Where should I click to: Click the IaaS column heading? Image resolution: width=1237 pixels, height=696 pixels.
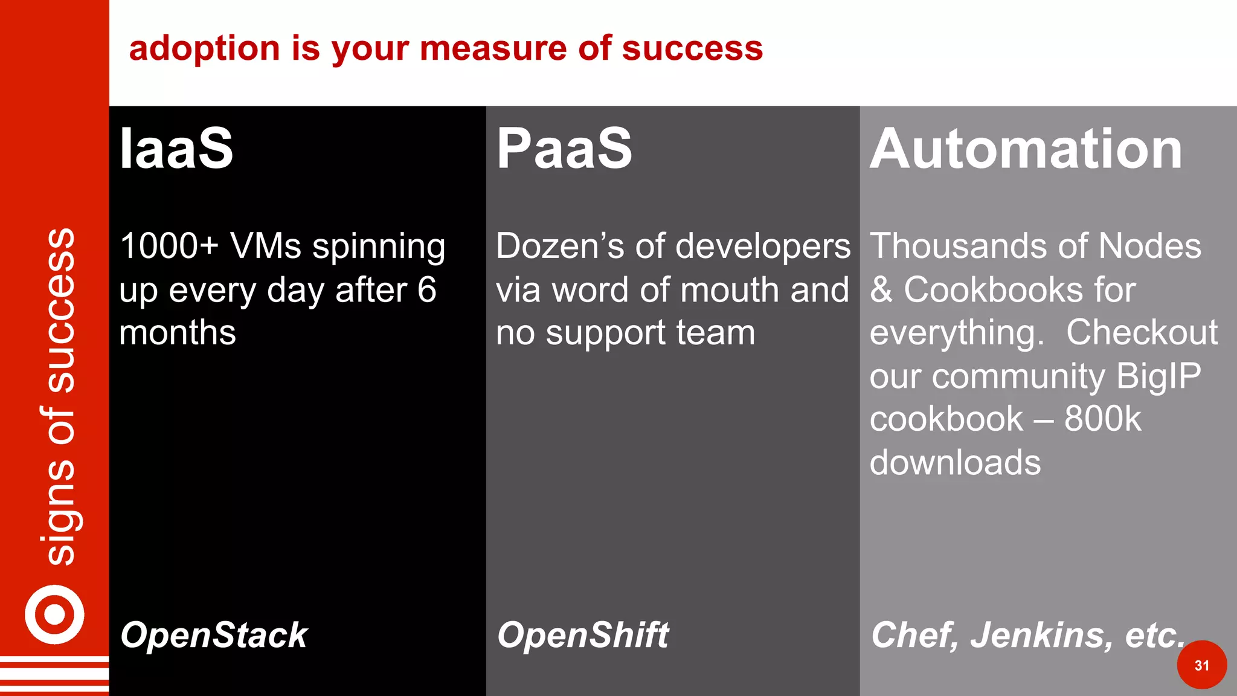pyautogui.click(x=176, y=149)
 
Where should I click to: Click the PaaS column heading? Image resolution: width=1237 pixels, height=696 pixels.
pyautogui.click(x=564, y=149)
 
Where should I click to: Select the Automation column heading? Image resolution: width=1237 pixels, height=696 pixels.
pyautogui.click(x=1026, y=149)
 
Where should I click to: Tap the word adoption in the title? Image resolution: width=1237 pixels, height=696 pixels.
pyautogui.click(x=204, y=48)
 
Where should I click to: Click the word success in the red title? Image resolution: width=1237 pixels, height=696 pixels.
pyautogui.click(x=692, y=48)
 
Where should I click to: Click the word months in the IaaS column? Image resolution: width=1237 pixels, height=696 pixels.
pyautogui.click(x=178, y=332)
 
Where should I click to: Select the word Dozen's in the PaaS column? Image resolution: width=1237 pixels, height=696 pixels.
pyautogui.click(x=559, y=246)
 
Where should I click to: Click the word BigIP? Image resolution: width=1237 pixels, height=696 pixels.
pyautogui.click(x=1158, y=376)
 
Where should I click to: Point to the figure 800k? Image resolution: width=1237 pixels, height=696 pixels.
pyautogui.click(x=1102, y=419)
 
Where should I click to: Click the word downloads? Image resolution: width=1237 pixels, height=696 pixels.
pyautogui.click(x=955, y=462)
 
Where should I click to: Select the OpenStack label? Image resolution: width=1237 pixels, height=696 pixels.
pyautogui.click(x=214, y=635)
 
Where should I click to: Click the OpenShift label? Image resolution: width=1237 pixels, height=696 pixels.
pyautogui.click(x=583, y=635)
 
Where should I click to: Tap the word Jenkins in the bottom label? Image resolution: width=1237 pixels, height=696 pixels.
pyautogui.click(x=1041, y=635)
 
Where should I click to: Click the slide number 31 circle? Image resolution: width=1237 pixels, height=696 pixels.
pyautogui.click(x=1201, y=665)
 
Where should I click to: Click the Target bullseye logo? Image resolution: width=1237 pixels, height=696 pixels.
pyautogui.click(x=54, y=614)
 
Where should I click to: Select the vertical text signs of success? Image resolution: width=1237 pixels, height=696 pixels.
pyautogui.click(x=60, y=396)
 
